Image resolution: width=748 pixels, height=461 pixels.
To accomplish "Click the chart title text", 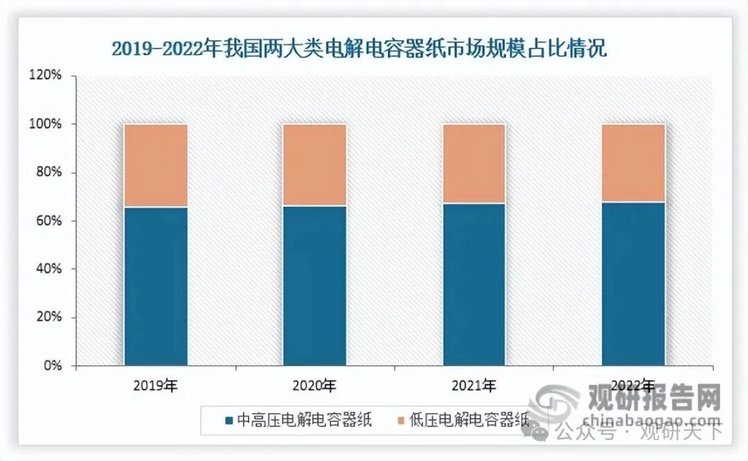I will click(x=359, y=50).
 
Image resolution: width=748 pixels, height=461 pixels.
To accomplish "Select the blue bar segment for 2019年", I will click(x=156, y=286).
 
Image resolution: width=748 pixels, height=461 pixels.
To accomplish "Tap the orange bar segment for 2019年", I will click(x=156, y=166).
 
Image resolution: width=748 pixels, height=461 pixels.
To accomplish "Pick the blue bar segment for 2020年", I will click(x=314, y=285).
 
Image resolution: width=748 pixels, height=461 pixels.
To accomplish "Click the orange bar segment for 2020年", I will click(x=314, y=165).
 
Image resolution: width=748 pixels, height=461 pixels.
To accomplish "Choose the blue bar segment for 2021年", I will click(x=474, y=284).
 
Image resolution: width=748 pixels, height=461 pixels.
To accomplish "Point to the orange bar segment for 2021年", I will click(x=474, y=164).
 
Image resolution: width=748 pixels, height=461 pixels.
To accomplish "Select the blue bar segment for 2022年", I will click(x=633, y=284).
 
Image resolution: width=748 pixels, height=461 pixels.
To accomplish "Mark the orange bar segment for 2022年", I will click(x=633, y=163).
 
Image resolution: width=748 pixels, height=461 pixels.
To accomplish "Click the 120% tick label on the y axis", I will click(x=47, y=76).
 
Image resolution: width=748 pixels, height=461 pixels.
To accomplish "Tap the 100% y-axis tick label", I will click(x=47, y=124).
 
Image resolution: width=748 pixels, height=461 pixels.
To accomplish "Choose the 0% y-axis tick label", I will click(x=53, y=365).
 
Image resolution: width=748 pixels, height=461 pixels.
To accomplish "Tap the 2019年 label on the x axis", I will click(x=156, y=385).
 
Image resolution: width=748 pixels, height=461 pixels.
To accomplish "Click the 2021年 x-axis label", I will click(x=474, y=385).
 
